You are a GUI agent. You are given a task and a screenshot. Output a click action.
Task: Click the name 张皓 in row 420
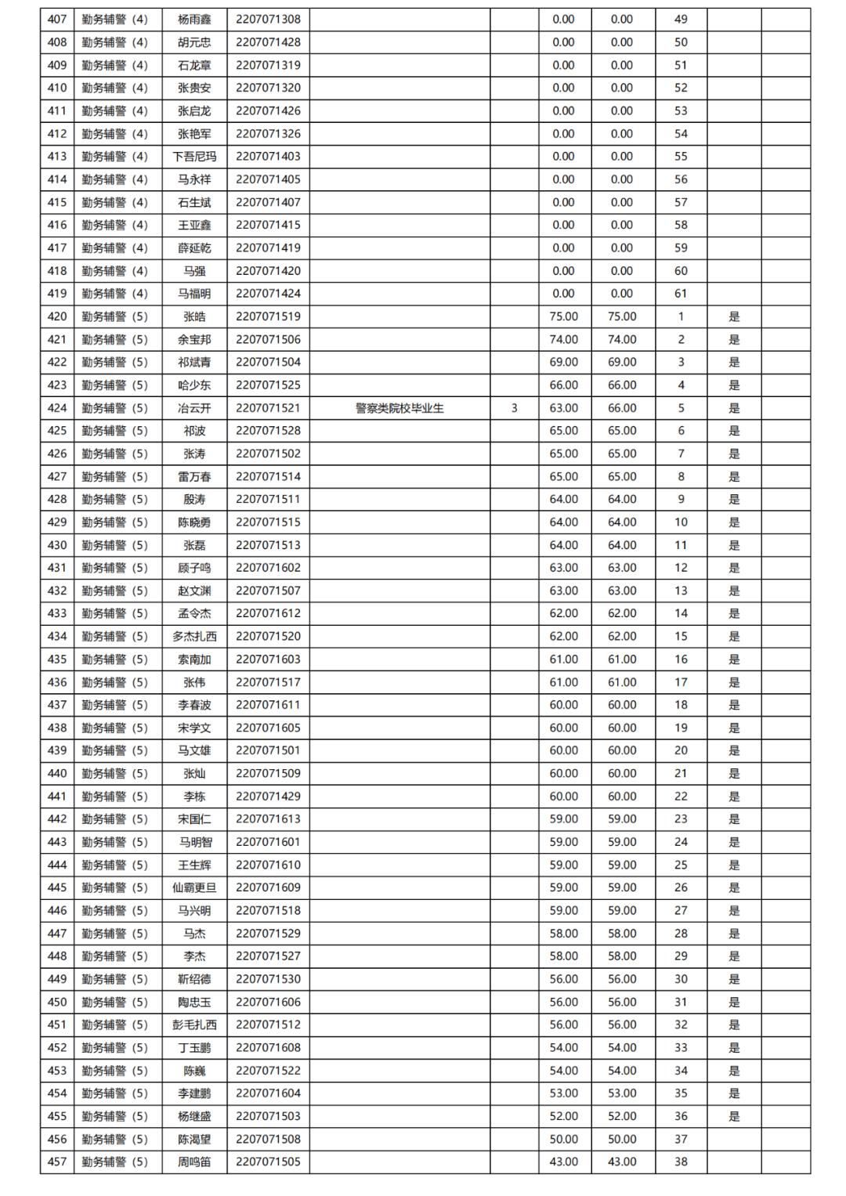coord(194,316)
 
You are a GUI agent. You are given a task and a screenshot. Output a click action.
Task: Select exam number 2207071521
coord(268,408)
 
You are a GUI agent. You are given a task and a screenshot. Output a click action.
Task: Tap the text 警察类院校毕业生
coord(399,408)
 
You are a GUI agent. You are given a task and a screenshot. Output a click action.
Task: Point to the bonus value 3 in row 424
coord(514,408)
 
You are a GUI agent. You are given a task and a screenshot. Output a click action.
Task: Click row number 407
coord(57,19)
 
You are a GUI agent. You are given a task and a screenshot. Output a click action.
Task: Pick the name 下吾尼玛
coord(194,156)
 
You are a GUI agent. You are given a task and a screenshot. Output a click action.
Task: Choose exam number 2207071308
coord(268,19)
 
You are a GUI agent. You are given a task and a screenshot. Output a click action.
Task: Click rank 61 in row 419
coord(681,294)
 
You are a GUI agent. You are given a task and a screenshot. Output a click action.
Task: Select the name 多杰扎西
coord(194,636)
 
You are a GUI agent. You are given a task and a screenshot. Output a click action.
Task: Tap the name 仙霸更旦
coord(194,887)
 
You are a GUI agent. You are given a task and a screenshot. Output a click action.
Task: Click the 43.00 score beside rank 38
coord(563,1162)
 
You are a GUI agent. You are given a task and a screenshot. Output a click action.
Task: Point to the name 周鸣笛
coord(194,1162)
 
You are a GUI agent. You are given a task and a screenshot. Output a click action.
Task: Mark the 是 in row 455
coord(734,1116)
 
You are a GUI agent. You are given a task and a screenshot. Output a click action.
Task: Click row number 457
coord(57,1162)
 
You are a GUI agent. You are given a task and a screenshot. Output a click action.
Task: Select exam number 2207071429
coord(268,796)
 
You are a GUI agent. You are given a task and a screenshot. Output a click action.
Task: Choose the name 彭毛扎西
coord(194,1024)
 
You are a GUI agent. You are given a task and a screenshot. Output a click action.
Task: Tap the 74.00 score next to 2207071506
coord(563,339)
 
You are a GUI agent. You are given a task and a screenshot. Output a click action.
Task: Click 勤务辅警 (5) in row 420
coord(114,316)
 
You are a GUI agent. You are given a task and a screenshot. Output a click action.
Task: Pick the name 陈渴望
coord(194,1139)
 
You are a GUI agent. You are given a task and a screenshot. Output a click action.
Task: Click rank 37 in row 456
coord(681,1139)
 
